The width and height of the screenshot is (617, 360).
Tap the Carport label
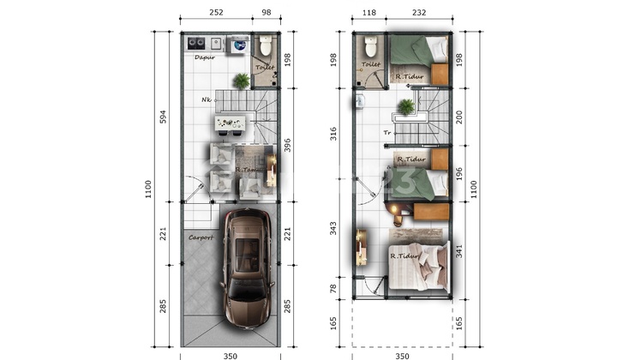click(201, 237)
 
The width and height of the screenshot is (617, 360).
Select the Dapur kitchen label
click(204, 57)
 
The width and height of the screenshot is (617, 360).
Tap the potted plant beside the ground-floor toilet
click(242, 81)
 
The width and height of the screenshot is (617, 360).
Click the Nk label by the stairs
click(207, 100)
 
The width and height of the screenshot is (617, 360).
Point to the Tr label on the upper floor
click(387, 133)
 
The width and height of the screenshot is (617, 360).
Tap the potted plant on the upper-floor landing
click(405, 107)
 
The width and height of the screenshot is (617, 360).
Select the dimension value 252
click(216, 13)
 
